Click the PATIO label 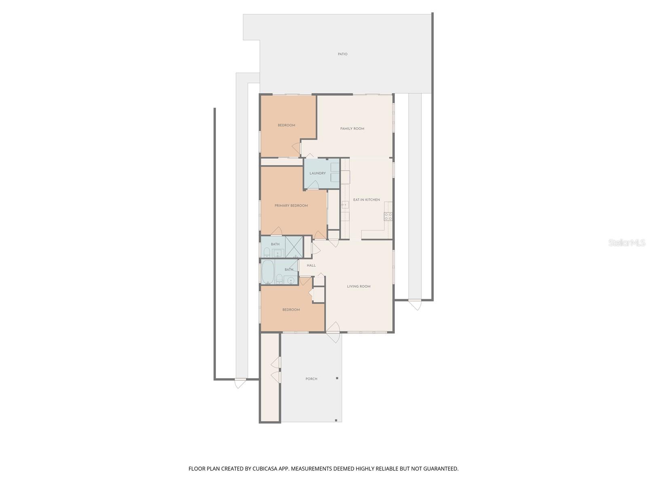[343, 54]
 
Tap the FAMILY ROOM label [352, 129]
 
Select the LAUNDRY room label [317, 173]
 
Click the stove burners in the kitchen [388, 216]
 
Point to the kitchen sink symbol [345, 205]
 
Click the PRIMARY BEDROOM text [291, 206]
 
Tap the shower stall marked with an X [294, 247]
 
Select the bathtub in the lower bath [267, 272]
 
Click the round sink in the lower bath [290, 280]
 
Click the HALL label [311, 266]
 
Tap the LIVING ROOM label [359, 287]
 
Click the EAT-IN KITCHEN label [366, 200]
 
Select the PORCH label [311, 379]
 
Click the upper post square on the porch [337, 378]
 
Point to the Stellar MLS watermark [626, 243]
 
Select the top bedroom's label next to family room [286, 125]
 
